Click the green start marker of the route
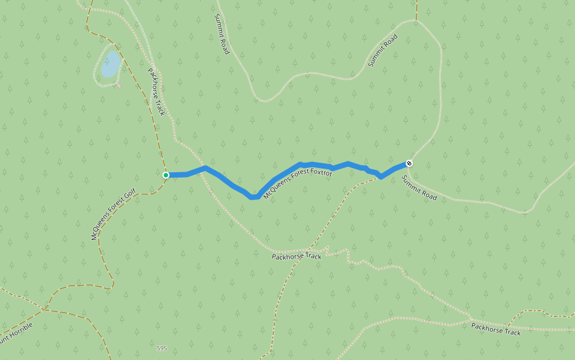coord(166,175)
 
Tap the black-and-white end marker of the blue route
coord(409,163)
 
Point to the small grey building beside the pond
coord(119,85)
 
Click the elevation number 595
coord(162,349)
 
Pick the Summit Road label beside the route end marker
coord(419,188)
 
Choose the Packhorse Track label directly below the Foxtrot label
coord(296,256)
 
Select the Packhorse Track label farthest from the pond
coord(496,329)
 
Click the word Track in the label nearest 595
coord(312,257)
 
